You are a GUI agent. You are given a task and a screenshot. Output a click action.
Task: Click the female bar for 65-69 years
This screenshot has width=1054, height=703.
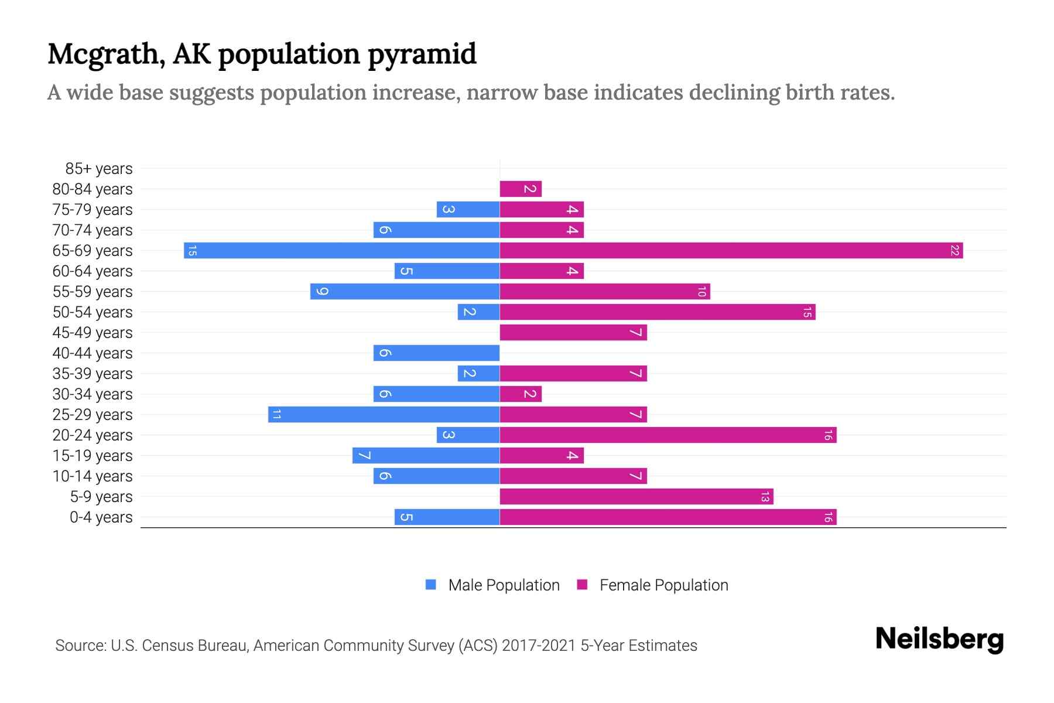731,251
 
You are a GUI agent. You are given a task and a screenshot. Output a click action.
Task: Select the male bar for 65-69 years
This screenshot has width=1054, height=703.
341,251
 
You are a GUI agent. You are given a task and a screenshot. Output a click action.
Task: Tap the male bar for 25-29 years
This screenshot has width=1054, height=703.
384,415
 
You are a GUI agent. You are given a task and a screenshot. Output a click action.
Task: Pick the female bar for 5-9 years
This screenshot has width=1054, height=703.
636,497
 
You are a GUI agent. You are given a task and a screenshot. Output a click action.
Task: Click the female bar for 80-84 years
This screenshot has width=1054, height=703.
521,189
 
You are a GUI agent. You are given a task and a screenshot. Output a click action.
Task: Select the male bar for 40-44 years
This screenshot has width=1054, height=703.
436,353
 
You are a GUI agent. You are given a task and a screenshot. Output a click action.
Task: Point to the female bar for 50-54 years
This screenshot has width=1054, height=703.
658,312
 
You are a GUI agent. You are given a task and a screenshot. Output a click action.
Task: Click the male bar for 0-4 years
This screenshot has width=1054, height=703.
447,517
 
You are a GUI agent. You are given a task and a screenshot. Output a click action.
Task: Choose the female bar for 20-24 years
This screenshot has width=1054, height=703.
668,435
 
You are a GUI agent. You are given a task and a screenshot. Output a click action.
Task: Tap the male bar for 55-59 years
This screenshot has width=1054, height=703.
405,292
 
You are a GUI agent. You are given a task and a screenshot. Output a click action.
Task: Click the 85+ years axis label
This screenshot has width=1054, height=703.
99,169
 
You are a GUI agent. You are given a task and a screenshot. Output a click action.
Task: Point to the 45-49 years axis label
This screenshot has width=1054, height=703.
93,333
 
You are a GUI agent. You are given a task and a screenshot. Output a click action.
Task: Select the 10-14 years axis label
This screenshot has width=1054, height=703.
93,476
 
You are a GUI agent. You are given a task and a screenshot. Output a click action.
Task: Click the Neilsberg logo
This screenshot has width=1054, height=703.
939,639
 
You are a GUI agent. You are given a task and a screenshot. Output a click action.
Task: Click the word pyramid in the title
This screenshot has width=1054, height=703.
422,54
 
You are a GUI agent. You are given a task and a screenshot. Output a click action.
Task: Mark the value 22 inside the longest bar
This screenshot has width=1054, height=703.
954,251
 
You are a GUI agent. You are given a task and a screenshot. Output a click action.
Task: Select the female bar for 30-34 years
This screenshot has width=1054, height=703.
521,394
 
